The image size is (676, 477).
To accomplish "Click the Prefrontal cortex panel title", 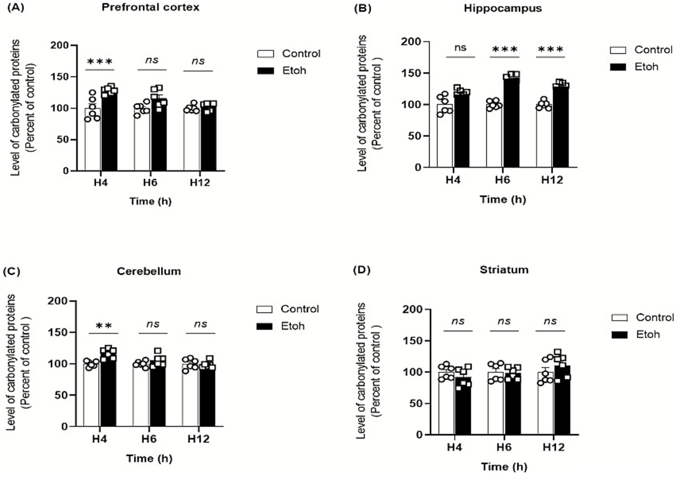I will [x=150, y=7].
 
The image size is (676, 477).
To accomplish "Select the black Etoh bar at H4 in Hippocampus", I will [x=461, y=132].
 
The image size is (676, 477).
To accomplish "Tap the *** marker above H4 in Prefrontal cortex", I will [x=100, y=61].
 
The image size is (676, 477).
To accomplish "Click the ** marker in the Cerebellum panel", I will [x=104, y=326].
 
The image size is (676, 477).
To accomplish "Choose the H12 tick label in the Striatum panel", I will [x=553, y=447].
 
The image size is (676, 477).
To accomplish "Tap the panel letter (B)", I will [x=362, y=8].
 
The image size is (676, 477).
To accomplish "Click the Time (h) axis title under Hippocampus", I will [x=503, y=200].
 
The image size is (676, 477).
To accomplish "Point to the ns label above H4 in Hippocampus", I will [x=460, y=48].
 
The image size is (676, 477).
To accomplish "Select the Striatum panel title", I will [x=504, y=270].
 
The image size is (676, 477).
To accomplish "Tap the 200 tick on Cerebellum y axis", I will [x=58, y=301].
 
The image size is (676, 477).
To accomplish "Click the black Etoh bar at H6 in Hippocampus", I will [x=511, y=123].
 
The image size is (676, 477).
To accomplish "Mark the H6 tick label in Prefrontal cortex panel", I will [x=150, y=182].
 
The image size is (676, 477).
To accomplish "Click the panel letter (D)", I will [x=362, y=270].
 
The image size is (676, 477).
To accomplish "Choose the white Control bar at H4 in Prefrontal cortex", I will [x=92, y=141].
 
